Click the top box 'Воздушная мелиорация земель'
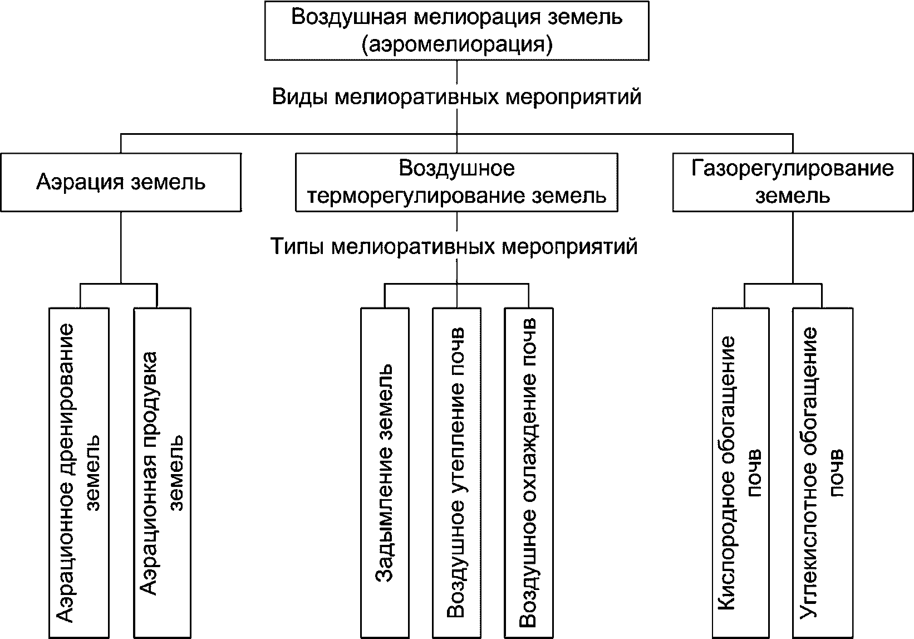456,30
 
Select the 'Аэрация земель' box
121,182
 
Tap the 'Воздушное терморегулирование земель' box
456,182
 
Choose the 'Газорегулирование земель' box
793,182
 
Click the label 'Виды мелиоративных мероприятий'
456,97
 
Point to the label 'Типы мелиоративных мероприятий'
454,246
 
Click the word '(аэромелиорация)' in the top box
456,44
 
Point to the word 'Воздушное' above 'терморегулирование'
456,168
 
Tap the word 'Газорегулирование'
793,168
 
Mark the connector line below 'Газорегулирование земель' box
793,248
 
